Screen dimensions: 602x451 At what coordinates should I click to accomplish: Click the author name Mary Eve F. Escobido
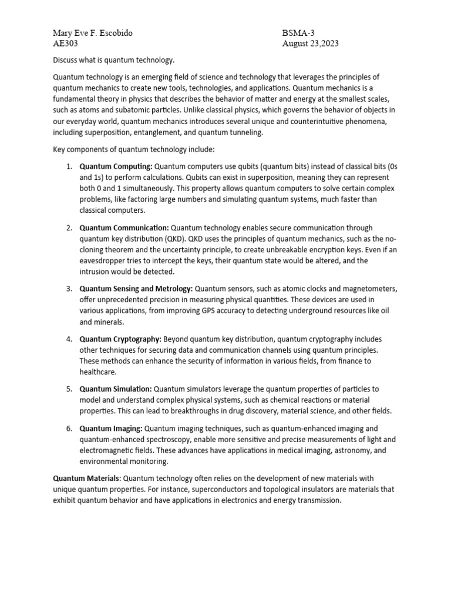[x=93, y=33]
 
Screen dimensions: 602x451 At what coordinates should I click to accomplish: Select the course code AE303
[x=65, y=44]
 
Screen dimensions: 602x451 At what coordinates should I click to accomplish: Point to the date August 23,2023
[x=310, y=44]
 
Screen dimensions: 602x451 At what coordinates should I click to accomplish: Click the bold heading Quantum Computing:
[x=116, y=166]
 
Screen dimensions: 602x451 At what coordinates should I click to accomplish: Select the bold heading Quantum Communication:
[x=124, y=228]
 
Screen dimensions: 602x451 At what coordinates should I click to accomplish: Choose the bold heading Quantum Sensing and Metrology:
[x=136, y=289]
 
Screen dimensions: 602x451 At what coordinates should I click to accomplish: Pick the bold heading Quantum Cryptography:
[x=120, y=339]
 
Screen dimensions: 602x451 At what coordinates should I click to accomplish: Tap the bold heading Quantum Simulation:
[x=116, y=389]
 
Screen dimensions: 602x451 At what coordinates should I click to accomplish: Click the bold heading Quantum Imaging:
[x=111, y=428]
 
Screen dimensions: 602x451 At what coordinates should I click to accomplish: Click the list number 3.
[x=69, y=289]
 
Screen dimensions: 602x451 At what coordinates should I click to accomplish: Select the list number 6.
[x=69, y=428]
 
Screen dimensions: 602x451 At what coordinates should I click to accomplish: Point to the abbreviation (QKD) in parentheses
[x=167, y=239]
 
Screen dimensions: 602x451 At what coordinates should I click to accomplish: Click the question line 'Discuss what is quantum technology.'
[x=114, y=60]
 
